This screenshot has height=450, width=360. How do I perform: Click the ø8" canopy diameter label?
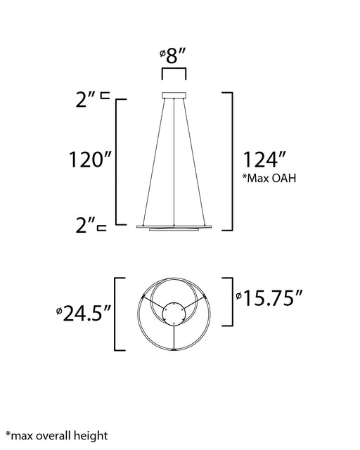[x=173, y=56]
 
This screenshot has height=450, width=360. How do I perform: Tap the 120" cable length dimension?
[x=90, y=160]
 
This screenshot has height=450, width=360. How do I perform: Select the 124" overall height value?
[x=264, y=160]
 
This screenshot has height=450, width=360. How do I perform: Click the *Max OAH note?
[x=269, y=178]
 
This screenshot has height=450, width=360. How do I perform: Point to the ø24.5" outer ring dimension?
[x=84, y=313]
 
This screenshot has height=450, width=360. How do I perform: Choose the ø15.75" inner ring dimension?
[x=269, y=298]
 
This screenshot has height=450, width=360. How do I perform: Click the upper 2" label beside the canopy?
[x=86, y=100]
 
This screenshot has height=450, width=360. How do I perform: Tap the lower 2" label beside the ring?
[x=86, y=225]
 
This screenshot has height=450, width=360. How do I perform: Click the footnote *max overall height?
[x=56, y=436]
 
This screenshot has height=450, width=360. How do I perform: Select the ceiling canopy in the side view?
[x=174, y=96]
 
